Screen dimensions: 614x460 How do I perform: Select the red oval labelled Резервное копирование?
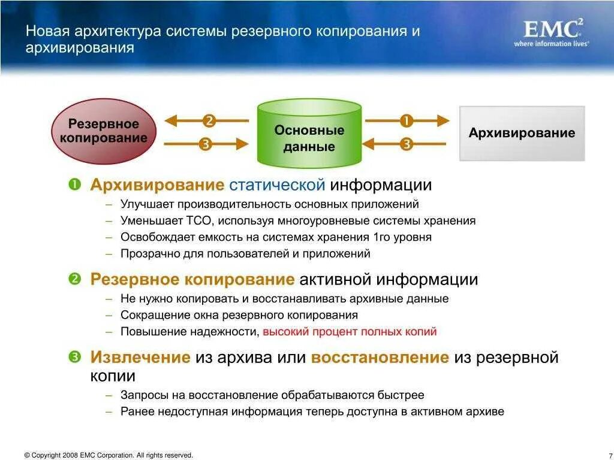[x=103, y=131]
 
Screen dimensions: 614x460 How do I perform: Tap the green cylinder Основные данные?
[x=309, y=134]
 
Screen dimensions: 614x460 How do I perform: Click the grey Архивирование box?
[x=522, y=133]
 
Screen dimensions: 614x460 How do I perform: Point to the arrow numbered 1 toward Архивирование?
[x=407, y=120]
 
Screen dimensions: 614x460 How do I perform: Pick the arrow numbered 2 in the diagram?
[x=207, y=120]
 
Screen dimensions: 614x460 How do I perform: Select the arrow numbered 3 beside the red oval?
[x=206, y=144]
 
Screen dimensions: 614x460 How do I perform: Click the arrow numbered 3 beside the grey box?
[x=406, y=144]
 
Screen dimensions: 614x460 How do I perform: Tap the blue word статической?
[x=277, y=185]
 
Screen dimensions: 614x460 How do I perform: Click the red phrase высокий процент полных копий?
[x=350, y=331]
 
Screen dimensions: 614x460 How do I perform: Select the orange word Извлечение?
[x=140, y=358]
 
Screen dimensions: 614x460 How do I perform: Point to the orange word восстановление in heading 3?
[x=380, y=358]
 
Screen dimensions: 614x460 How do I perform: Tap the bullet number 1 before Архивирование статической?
[x=74, y=184]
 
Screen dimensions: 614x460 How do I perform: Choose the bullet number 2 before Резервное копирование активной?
[x=74, y=279]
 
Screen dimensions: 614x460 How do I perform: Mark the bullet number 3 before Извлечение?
[x=74, y=357]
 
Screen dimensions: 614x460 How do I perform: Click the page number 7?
[x=609, y=456]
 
